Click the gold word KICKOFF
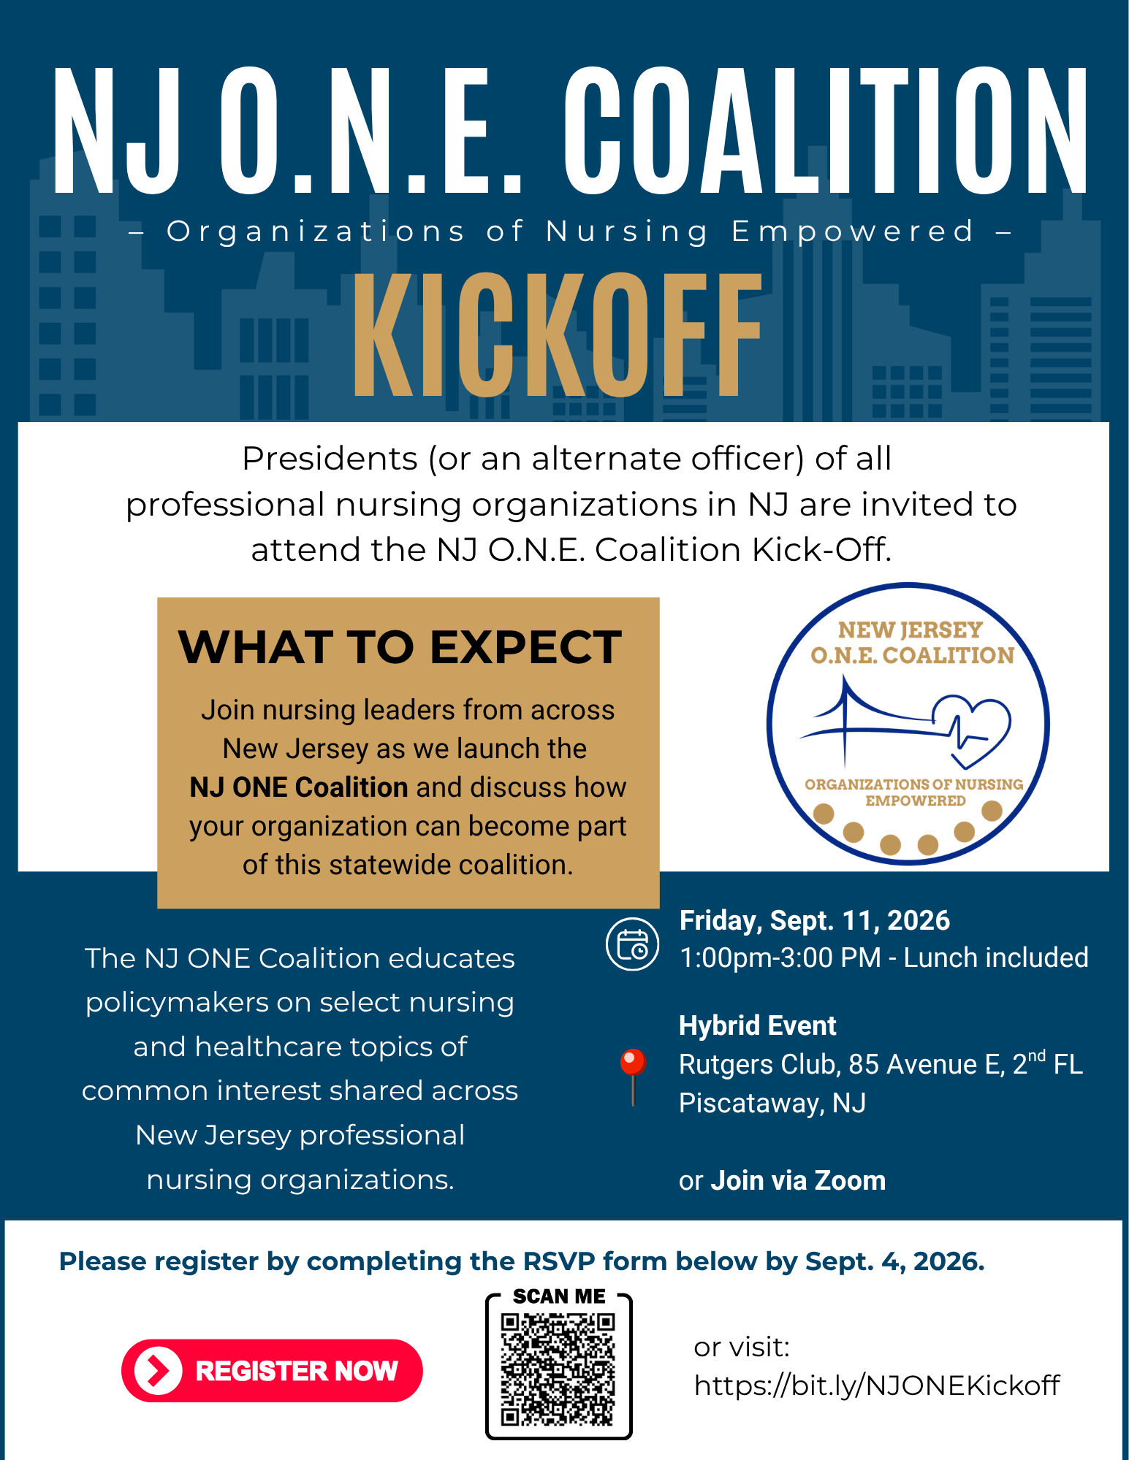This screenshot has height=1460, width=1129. point(557,335)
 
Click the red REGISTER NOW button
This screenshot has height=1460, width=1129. point(272,1370)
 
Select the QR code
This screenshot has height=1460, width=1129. point(558,1369)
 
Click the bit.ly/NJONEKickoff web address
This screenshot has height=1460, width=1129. point(877,1385)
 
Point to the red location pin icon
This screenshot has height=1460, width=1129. point(633,1077)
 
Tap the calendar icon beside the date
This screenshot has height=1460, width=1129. point(632,944)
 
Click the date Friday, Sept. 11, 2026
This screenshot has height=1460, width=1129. point(815,921)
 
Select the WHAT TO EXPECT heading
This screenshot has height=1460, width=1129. point(400,647)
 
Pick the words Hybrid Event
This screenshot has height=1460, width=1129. point(758,1026)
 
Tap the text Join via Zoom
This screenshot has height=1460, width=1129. point(798,1180)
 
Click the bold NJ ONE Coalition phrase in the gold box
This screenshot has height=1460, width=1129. point(298,787)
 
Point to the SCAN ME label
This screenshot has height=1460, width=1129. point(559,1296)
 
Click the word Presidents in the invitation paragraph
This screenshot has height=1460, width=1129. point(330,459)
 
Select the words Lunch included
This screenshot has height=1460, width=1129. point(996,958)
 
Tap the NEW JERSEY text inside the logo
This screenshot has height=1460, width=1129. point(911,630)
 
